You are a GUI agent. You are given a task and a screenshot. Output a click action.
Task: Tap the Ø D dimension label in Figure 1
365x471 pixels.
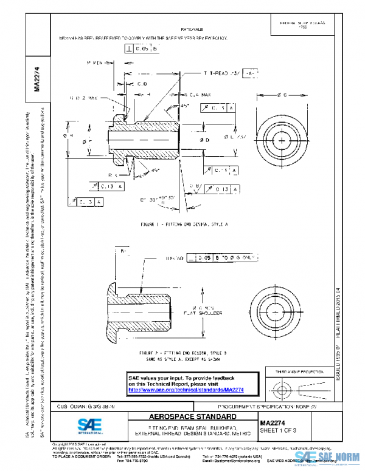tap(204, 140)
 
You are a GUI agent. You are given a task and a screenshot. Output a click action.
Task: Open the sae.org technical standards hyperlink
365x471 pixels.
tap(200, 390)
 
